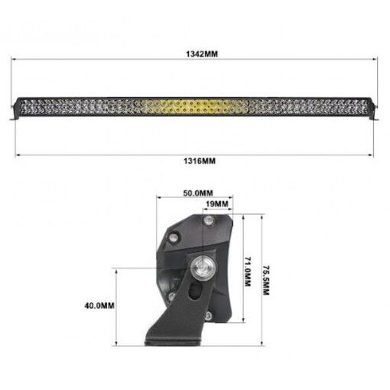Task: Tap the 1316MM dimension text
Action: point(196,161)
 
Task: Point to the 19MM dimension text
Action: point(217,204)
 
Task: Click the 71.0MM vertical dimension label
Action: point(247,270)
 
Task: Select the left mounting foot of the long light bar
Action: point(16,115)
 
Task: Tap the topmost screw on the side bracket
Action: point(207,220)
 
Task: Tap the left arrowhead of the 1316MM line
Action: point(15,154)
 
